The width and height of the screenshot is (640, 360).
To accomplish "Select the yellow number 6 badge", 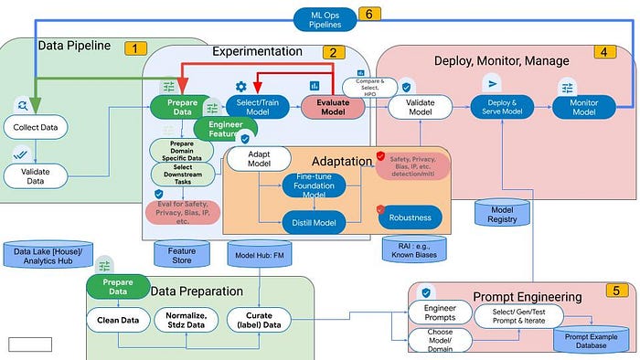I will pyautogui.click(x=368, y=15).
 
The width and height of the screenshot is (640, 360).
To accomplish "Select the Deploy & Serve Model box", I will pyautogui.click(x=502, y=106).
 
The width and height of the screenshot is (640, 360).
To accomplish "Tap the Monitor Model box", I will pyautogui.click(x=584, y=106).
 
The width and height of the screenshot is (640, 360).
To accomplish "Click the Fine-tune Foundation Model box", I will pyautogui.click(x=314, y=186).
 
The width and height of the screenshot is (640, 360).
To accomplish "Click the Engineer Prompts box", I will pyautogui.click(x=438, y=313).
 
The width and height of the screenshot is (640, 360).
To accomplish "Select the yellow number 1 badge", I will pyautogui.click(x=136, y=48).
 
